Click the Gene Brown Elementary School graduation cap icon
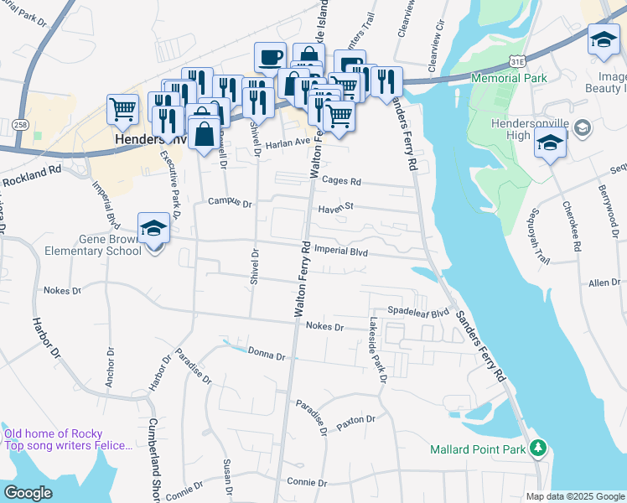click(x=153, y=227)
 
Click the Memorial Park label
click(x=509, y=78)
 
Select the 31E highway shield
click(x=520, y=61)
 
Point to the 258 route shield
click(x=19, y=124)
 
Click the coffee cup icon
click(x=270, y=58)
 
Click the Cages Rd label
click(x=342, y=181)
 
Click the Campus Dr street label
click(x=230, y=202)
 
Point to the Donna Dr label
click(x=267, y=355)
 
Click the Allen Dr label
click(x=604, y=283)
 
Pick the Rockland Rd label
click(x=32, y=176)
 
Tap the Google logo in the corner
click(x=28, y=492)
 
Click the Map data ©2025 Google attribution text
click(x=574, y=496)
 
